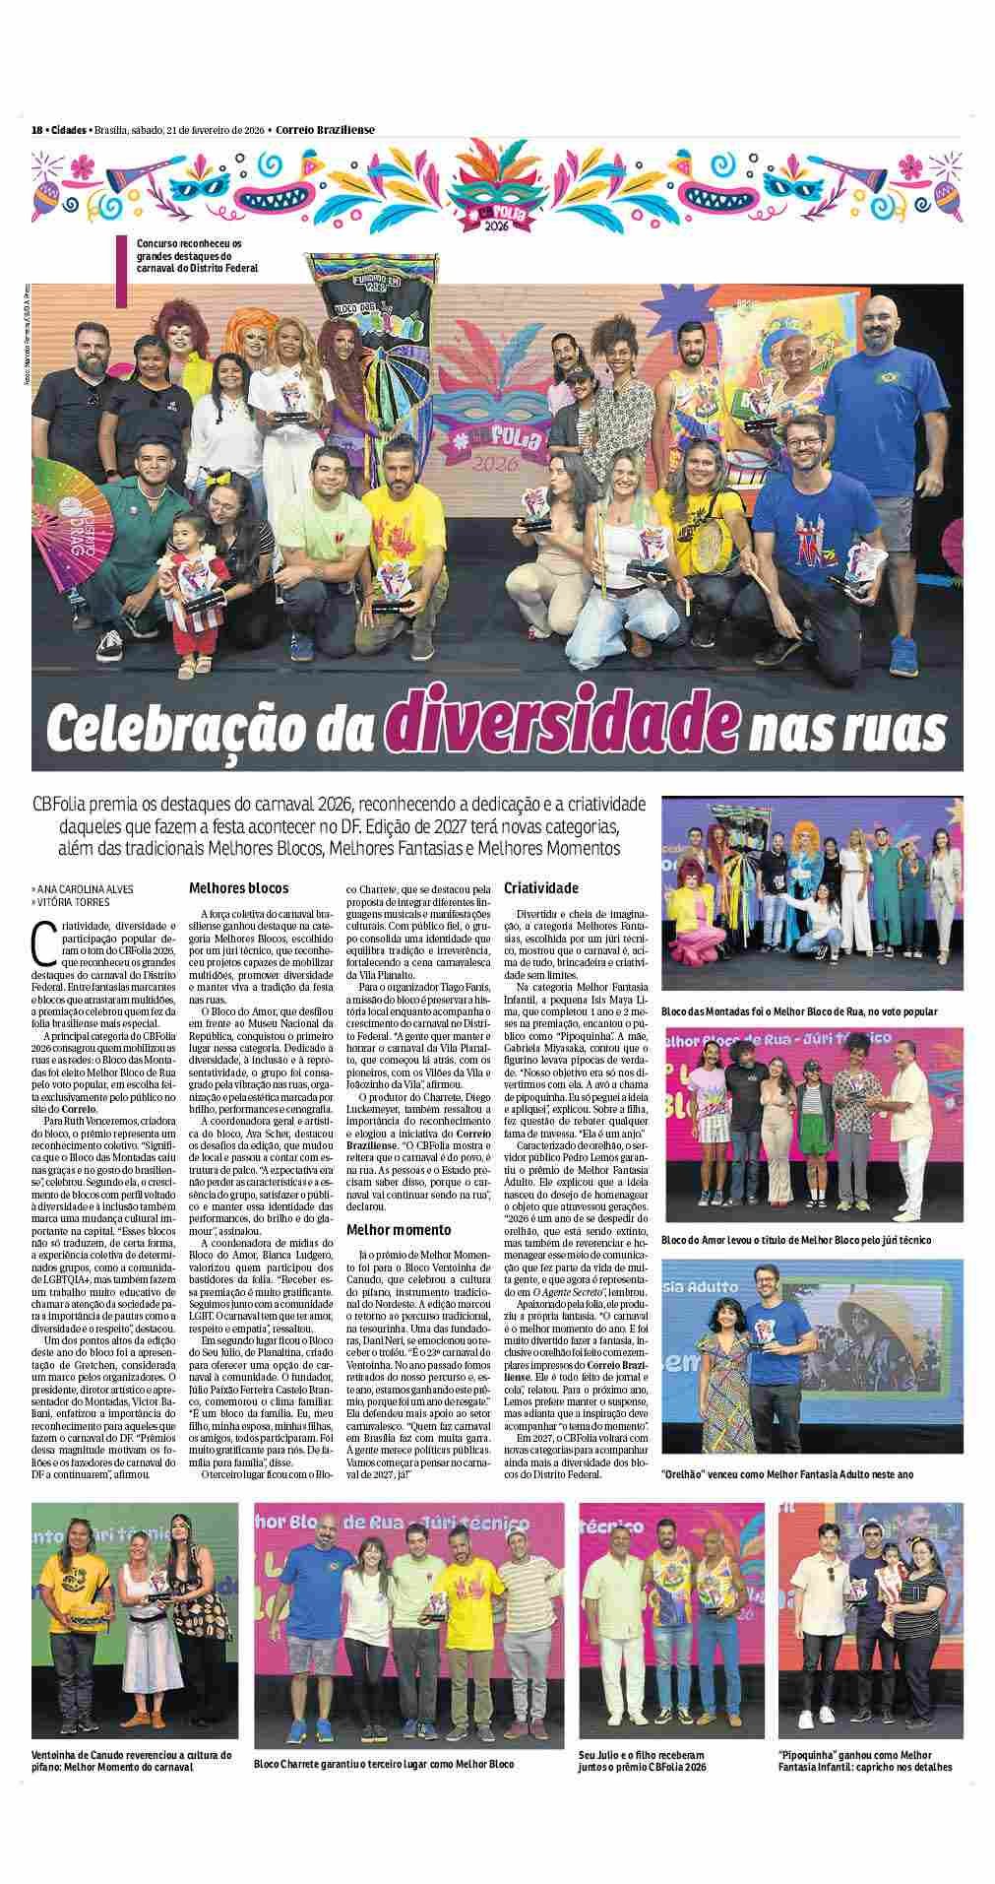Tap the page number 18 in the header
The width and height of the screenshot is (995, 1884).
coord(36,130)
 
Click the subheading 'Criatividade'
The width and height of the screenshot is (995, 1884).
coord(540,887)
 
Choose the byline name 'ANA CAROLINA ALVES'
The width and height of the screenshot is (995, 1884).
coord(85,888)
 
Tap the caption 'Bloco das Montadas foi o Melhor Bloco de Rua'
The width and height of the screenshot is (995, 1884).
coord(799,1010)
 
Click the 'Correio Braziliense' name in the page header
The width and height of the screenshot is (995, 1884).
coord(325,130)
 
